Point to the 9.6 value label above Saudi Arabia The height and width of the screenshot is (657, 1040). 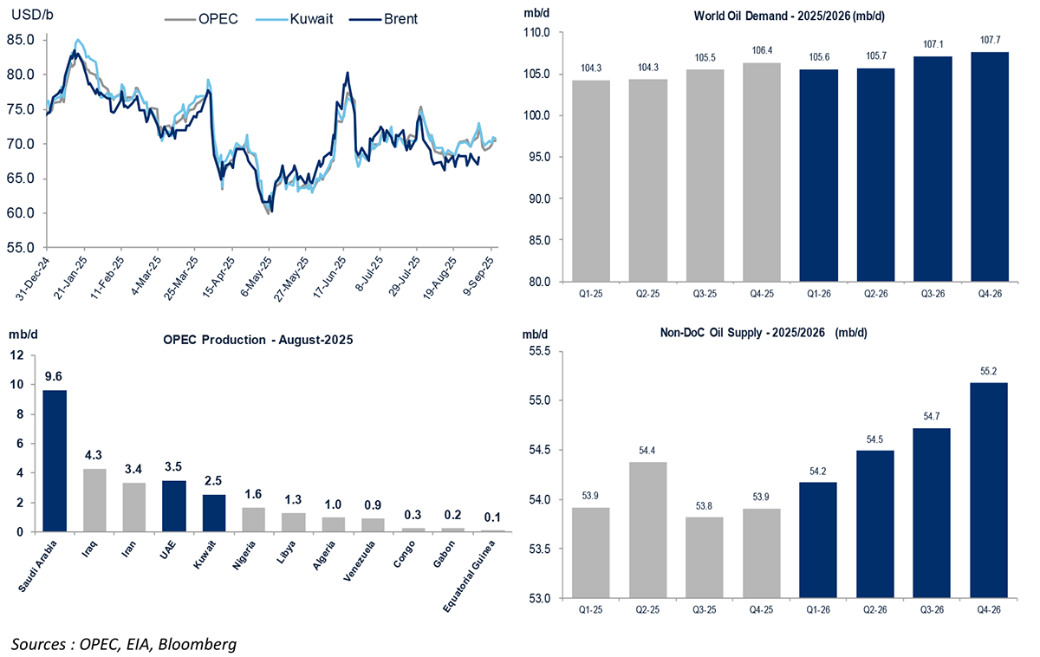[55, 377]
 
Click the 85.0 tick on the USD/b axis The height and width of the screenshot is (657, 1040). [20, 40]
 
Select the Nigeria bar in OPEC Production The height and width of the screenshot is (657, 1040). [254, 518]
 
